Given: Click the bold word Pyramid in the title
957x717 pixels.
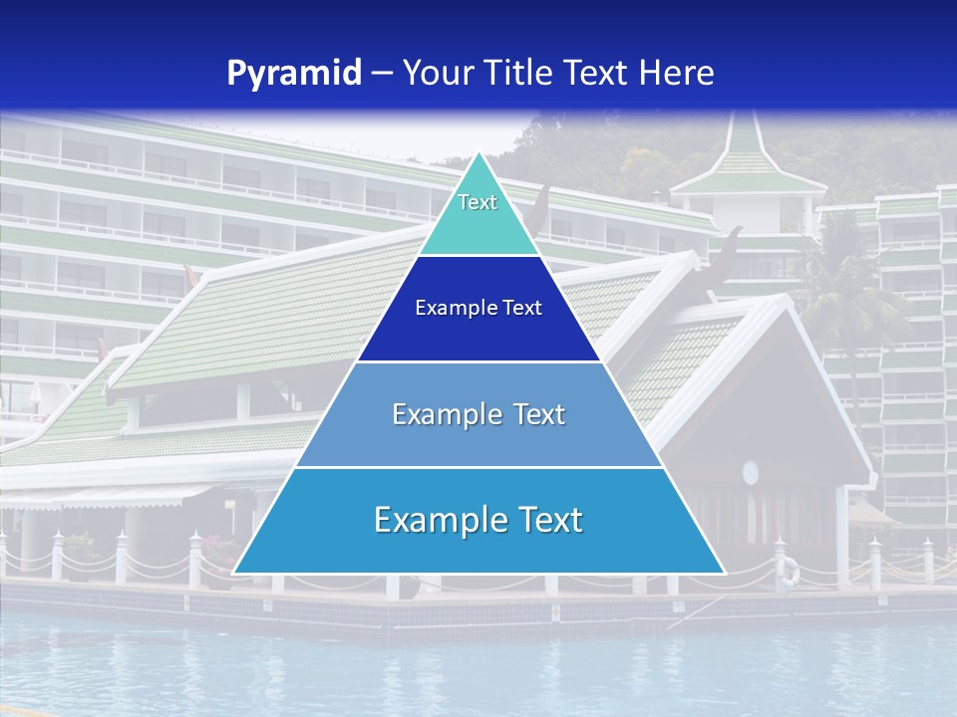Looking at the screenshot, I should coord(294,73).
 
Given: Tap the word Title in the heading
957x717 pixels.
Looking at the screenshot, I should coord(521,73).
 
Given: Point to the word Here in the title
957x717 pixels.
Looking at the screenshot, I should coord(677,73).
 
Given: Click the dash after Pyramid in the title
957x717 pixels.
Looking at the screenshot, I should coord(381,74).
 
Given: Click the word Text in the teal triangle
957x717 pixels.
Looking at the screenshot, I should coord(478,202).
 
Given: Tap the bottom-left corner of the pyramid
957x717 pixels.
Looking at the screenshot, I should coord(234,573).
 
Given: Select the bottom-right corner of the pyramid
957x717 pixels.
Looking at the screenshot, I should coord(724,573).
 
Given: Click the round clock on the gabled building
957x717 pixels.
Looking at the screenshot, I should coord(751,471).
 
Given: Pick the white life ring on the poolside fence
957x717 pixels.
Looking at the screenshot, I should coord(789,571).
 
